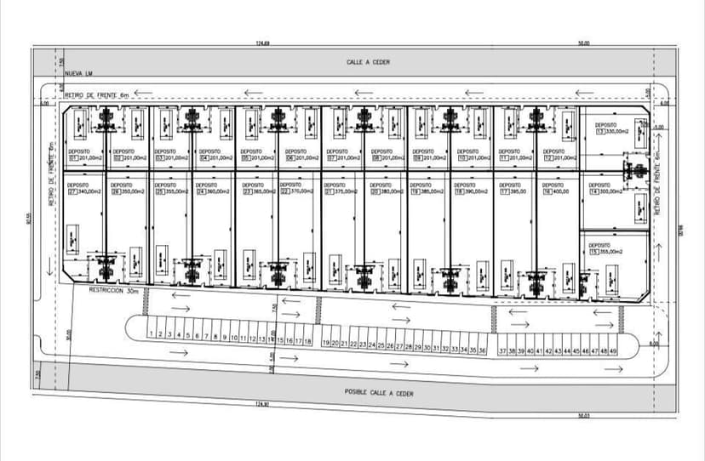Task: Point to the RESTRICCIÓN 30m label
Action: point(112,290)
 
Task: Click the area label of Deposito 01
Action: point(84,157)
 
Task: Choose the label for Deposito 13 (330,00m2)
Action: point(611,131)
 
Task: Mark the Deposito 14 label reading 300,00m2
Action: point(605,191)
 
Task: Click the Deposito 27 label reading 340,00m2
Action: point(84,191)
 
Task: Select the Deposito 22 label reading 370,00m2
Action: point(296,191)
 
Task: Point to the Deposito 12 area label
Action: point(559,157)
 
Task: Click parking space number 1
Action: point(151,335)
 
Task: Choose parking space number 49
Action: point(613,350)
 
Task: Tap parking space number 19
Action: point(326,343)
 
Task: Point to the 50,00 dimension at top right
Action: point(583,43)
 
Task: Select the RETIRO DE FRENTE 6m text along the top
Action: point(95,95)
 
